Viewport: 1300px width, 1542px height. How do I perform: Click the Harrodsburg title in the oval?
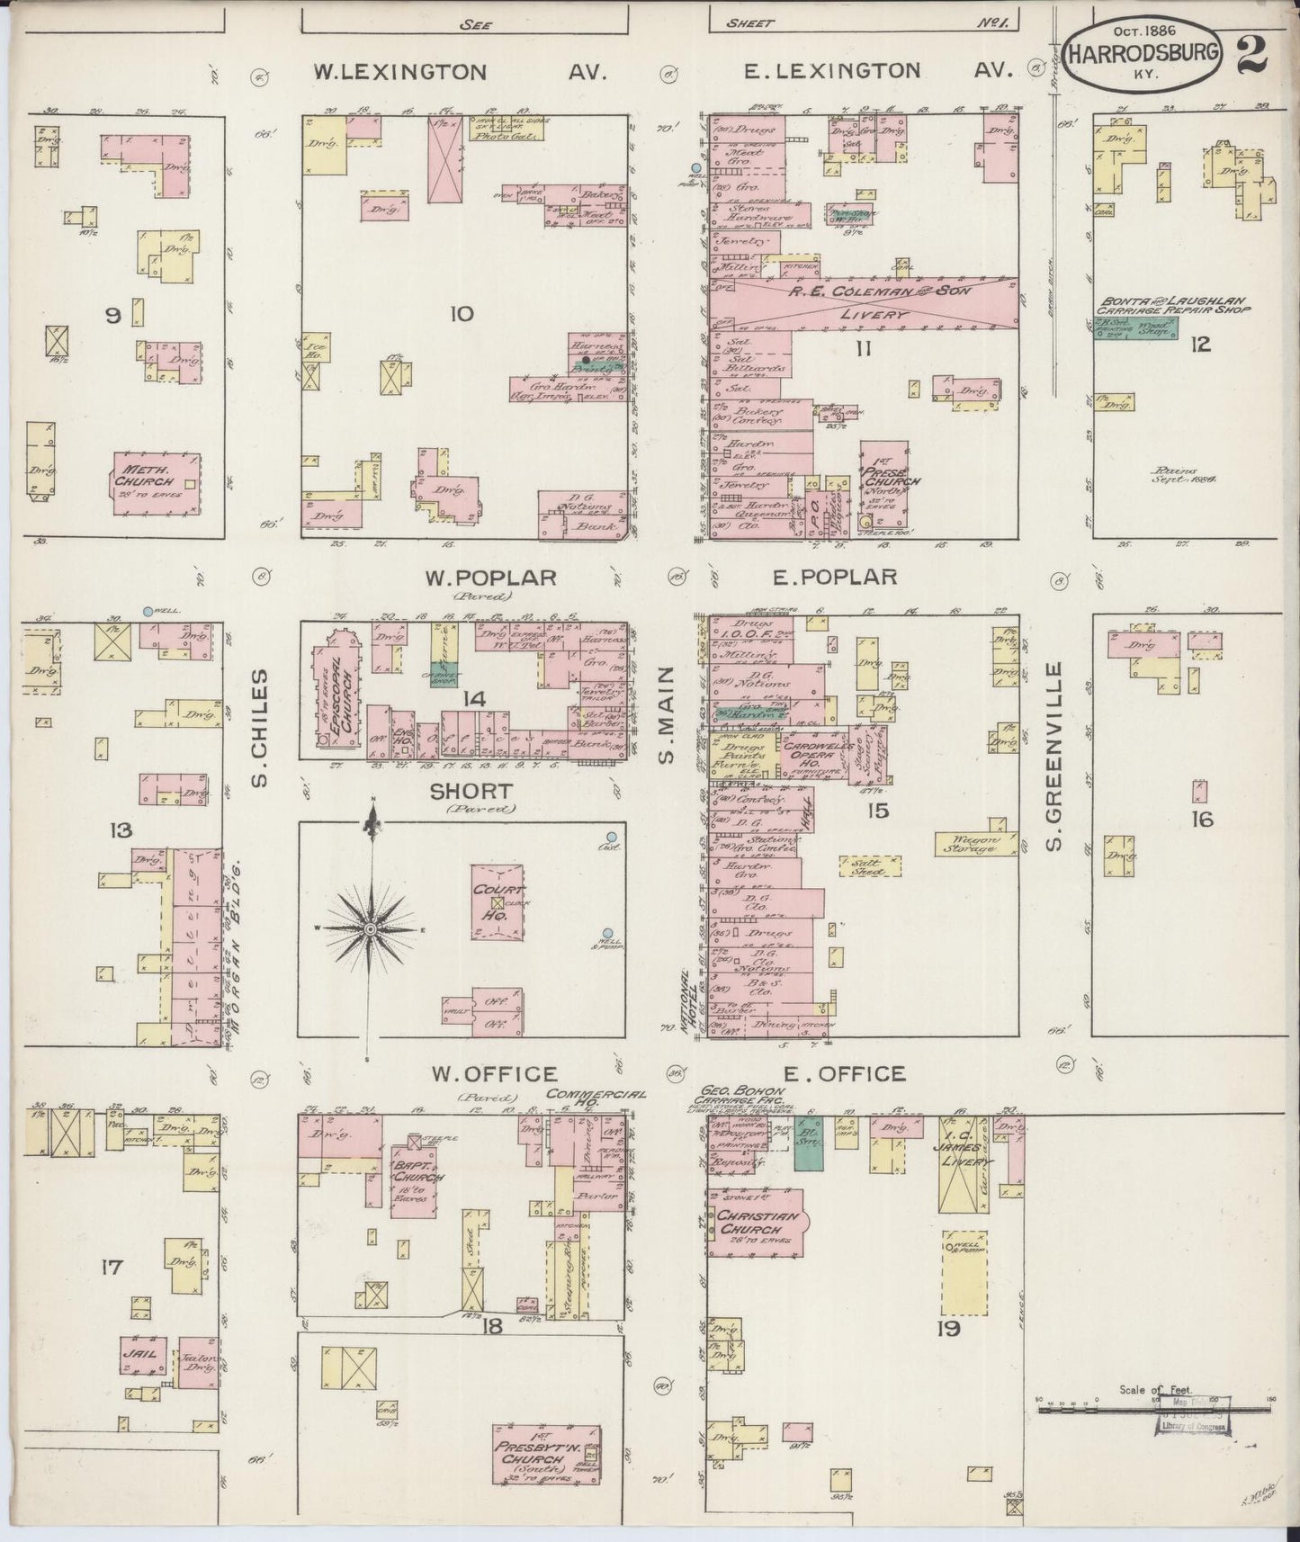tap(1143, 52)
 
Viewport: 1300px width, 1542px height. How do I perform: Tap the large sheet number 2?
tap(1254, 53)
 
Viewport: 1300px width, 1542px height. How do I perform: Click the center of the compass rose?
tap(370, 928)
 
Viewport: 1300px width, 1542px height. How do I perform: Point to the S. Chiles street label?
tap(260, 727)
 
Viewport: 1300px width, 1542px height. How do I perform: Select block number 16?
tap(1202, 819)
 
